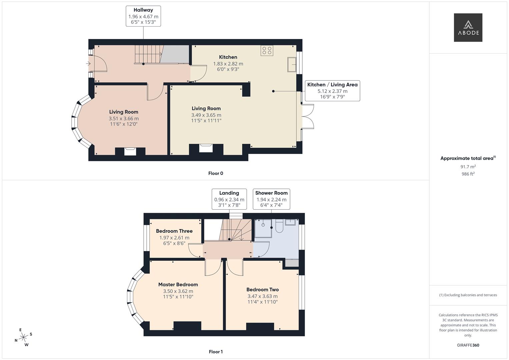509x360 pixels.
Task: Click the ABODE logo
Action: [x=468, y=27]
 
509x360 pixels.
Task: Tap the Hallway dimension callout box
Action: [x=143, y=16]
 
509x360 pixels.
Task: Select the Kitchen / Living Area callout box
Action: [x=332, y=91]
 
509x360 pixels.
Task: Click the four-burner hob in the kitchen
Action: [x=267, y=50]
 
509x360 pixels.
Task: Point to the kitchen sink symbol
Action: [x=292, y=64]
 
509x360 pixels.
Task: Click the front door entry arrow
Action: [x=88, y=63]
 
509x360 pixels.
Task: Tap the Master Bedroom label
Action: [x=178, y=284]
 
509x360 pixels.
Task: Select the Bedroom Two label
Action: [x=262, y=290]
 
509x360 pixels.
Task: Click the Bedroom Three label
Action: [x=174, y=231]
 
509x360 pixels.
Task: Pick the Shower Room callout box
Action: [x=271, y=199]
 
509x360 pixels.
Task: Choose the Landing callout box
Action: [x=229, y=199]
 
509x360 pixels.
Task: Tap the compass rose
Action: [x=23, y=337]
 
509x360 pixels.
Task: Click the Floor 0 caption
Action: [x=216, y=173]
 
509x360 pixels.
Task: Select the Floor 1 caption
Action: [x=216, y=352]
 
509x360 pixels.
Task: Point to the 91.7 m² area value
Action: [x=468, y=167]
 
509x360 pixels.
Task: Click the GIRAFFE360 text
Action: [x=468, y=345]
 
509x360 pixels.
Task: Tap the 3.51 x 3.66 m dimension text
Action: [x=124, y=118]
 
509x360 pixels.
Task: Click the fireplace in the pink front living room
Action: [x=130, y=151]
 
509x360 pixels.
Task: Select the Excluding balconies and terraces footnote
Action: [x=468, y=295]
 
